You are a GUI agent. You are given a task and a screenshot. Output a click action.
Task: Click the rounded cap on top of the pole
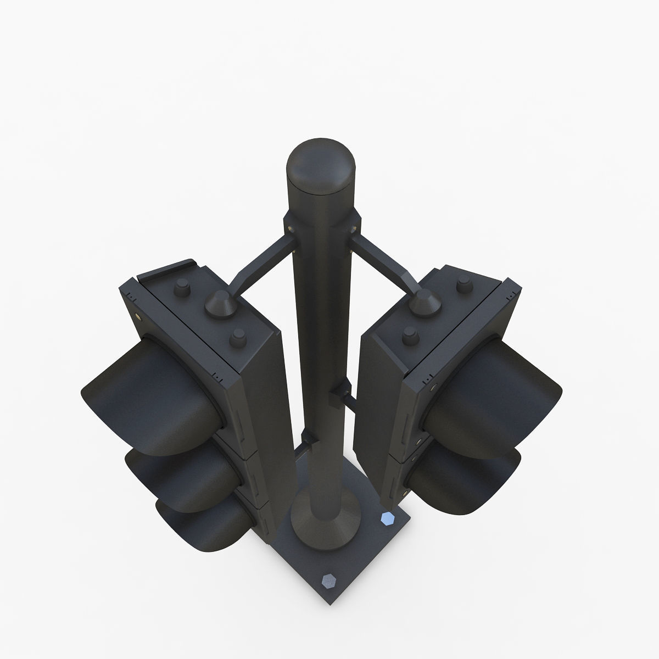tap(321, 167)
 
